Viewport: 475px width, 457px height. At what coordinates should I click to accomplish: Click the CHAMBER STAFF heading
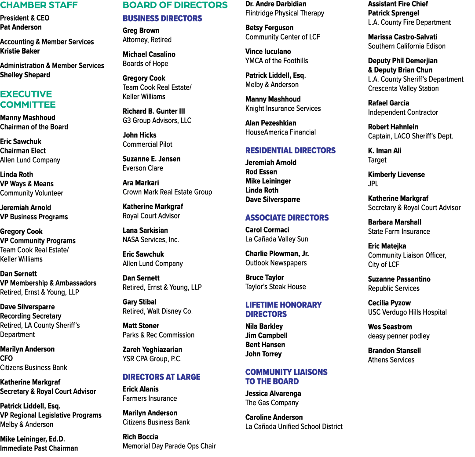point(39,5)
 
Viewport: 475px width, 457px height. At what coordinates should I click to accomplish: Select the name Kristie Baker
point(20,51)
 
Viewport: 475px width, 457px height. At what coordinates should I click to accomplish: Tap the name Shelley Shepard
point(25,75)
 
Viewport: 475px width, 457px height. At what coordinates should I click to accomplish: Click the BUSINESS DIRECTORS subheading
point(162,18)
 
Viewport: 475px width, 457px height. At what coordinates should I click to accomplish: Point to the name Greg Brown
point(141,31)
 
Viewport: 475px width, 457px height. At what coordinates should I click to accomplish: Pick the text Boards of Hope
point(146,64)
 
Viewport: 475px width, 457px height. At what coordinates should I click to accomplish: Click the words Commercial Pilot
point(147,145)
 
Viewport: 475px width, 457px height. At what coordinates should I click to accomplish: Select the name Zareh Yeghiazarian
point(152,349)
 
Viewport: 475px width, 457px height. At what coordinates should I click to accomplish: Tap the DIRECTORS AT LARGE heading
point(161,377)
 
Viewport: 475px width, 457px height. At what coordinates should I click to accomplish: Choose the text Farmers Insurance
point(150,398)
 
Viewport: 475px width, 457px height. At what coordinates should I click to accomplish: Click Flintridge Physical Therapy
point(285,13)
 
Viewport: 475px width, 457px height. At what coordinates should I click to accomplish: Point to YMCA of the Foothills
point(277,61)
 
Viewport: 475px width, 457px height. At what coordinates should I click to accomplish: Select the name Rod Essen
point(261,172)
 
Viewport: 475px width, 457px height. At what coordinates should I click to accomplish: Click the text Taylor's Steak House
point(276,287)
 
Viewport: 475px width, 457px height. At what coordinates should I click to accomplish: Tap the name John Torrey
point(263,354)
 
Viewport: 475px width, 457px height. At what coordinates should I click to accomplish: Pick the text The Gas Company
point(272,403)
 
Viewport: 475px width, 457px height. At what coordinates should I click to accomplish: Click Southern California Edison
point(407,46)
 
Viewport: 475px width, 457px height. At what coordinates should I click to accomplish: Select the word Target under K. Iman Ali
point(377,160)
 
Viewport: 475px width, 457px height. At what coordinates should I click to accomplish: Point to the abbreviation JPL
point(373,184)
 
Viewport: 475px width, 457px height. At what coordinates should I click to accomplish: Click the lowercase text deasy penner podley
point(398,336)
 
